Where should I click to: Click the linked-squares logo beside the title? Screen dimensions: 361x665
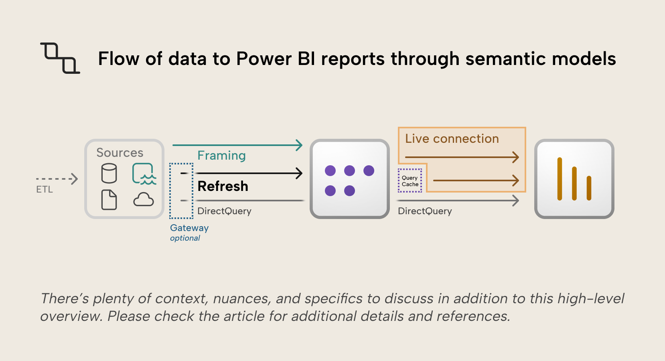tap(60, 58)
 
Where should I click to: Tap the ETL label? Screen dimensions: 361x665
tap(44, 189)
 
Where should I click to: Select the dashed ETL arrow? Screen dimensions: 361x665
tap(56, 179)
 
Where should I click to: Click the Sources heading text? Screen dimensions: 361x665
tap(120, 153)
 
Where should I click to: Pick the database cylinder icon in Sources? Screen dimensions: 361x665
tap(109, 173)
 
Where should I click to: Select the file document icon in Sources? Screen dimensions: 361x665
tap(109, 200)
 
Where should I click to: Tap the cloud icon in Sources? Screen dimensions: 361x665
tap(144, 199)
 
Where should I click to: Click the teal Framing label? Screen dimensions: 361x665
tap(221, 156)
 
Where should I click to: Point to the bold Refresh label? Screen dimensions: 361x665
tap(223, 186)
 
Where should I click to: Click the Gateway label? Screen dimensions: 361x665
tap(189, 228)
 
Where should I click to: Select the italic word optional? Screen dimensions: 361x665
tap(185, 238)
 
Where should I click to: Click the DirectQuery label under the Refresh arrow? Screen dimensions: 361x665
tap(224, 211)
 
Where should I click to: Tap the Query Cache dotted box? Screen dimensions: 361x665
tap(410, 181)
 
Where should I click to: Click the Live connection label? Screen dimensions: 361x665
tap(452, 139)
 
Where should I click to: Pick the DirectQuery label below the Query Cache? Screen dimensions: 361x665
tap(425, 211)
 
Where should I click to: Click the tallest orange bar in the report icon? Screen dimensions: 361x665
tap(560, 179)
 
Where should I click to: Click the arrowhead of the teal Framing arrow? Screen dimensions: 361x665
tap(299, 145)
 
